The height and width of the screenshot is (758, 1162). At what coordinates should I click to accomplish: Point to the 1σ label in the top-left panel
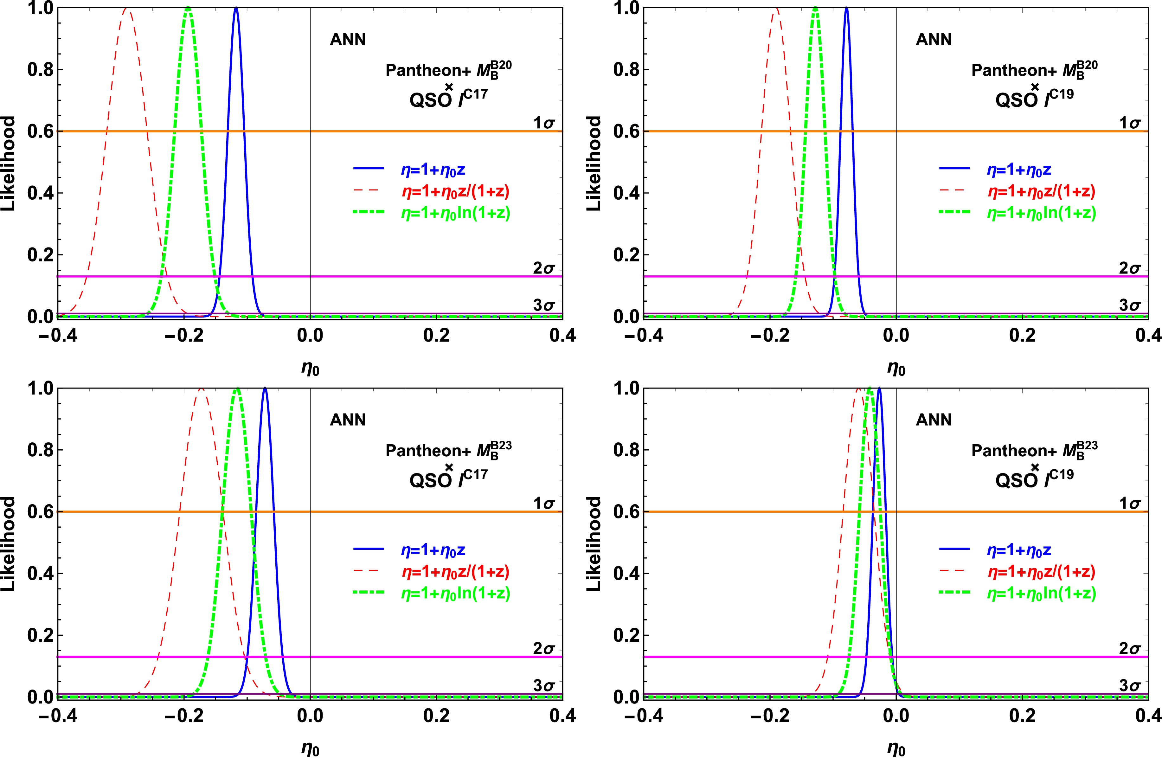click(544, 123)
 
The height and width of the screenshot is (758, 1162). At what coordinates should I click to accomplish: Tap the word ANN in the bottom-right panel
click(934, 420)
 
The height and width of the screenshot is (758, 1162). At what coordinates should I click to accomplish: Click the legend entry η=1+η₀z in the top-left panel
click(433, 170)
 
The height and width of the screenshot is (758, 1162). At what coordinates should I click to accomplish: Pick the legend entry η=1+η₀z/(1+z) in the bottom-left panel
click(455, 572)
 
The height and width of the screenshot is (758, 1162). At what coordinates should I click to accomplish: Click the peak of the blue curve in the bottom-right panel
click(879, 389)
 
